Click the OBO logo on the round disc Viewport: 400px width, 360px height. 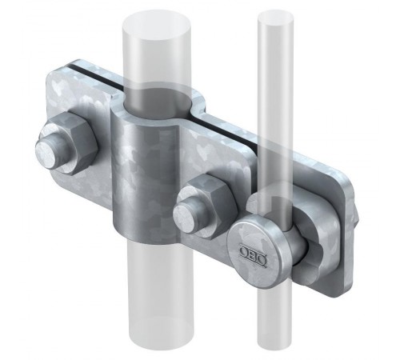(x=254, y=252)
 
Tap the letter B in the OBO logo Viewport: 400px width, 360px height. (x=253, y=253)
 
